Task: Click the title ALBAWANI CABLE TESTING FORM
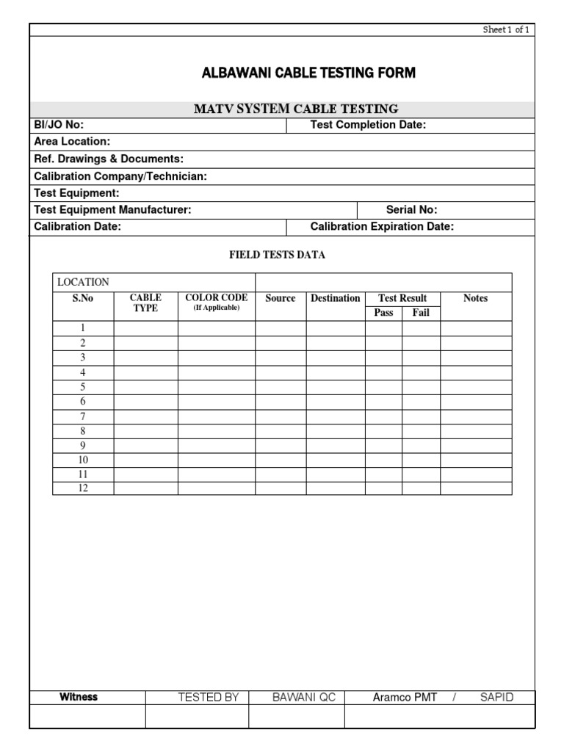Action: click(308, 73)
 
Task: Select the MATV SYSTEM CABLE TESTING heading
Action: click(296, 109)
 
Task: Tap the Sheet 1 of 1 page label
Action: click(506, 29)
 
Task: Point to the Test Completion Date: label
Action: click(368, 125)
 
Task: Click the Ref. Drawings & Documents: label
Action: click(109, 159)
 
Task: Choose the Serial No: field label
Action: click(411, 210)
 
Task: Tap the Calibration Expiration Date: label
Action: click(382, 227)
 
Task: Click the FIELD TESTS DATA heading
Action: click(277, 255)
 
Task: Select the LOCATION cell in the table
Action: click(83, 282)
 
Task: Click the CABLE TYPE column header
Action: click(145, 303)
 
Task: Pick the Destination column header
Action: click(336, 298)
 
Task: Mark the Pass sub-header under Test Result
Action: click(383, 313)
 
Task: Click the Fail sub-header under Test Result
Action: click(421, 313)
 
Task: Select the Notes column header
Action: click(475, 298)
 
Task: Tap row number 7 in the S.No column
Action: click(83, 416)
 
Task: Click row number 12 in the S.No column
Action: click(83, 488)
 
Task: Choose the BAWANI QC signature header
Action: click(304, 698)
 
